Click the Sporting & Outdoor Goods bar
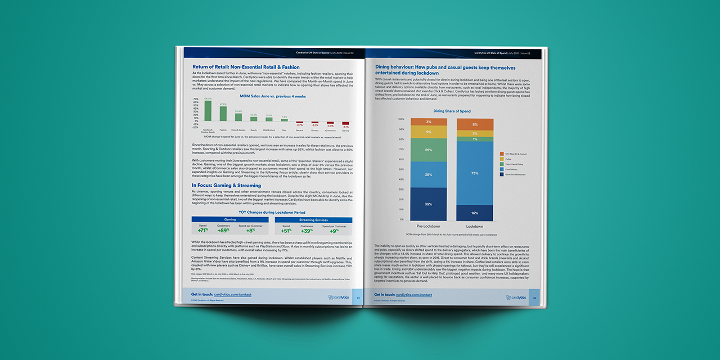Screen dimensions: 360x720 click(208, 111)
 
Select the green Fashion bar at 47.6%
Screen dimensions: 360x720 click(223, 114)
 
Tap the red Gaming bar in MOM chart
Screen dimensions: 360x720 click(345, 123)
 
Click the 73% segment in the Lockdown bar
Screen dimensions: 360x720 click(475, 173)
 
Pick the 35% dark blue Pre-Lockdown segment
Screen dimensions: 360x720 click(429, 204)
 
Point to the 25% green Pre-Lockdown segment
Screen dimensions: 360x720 click(429, 150)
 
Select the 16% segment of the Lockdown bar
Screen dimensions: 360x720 click(475, 213)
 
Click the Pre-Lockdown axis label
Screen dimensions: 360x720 click(429, 226)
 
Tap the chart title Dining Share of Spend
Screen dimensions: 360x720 click(452, 111)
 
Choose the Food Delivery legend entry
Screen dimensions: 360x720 click(515, 169)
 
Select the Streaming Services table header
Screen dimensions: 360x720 click(313, 219)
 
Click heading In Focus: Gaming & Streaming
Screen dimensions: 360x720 click(226, 185)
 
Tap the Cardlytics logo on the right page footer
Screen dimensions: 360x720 click(515, 297)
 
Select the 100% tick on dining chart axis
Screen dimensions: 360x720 click(401, 119)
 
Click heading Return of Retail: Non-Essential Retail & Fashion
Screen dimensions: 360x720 click(246, 67)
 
